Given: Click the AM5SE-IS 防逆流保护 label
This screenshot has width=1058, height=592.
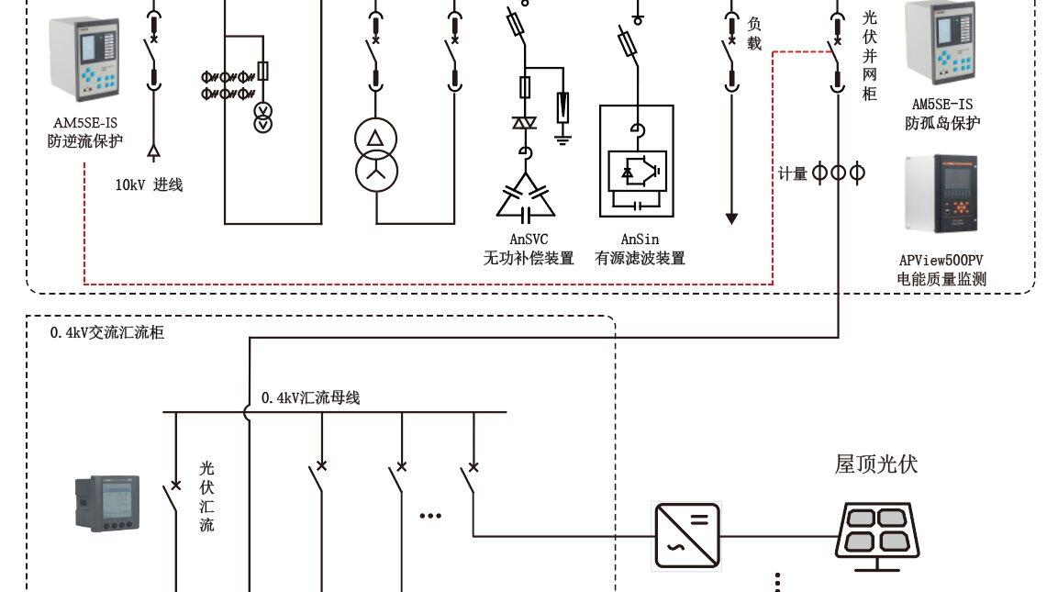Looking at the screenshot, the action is pyautogui.click(x=85, y=132).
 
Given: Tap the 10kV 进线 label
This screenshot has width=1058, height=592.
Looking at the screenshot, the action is pyautogui.click(x=149, y=184).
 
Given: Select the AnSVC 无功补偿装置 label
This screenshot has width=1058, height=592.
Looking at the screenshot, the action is pyautogui.click(x=529, y=249).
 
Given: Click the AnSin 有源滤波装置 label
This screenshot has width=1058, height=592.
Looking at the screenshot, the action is pyautogui.click(x=640, y=249).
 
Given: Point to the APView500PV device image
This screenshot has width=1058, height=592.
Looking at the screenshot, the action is pyautogui.click(x=941, y=194).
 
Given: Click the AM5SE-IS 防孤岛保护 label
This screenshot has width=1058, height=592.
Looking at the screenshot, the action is pyautogui.click(x=942, y=114).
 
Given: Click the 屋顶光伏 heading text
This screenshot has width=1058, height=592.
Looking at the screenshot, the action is pyautogui.click(x=875, y=464).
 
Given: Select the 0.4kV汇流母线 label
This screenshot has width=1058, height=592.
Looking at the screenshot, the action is pyautogui.click(x=310, y=397).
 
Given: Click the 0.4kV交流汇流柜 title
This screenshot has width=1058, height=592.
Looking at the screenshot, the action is pyautogui.click(x=106, y=332).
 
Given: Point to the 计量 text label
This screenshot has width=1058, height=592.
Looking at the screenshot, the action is pyautogui.click(x=792, y=174).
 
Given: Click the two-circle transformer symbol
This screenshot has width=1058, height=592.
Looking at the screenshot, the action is pyautogui.click(x=376, y=155).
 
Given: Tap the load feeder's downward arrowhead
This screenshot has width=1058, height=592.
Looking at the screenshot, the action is pyautogui.click(x=731, y=218).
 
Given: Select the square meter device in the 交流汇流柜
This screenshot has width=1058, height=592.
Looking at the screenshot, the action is pyautogui.click(x=107, y=504).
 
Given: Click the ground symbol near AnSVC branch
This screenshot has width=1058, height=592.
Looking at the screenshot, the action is pyautogui.click(x=562, y=140).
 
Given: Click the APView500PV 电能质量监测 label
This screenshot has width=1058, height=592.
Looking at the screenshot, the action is pyautogui.click(x=941, y=269).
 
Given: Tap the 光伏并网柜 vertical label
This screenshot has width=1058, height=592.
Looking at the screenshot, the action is pyautogui.click(x=870, y=55).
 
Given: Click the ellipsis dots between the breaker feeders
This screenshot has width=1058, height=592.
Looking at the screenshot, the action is pyautogui.click(x=430, y=516).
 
